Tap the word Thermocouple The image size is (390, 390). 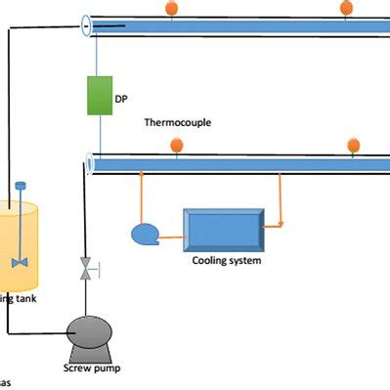click(178, 124)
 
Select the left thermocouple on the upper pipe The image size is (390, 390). click(172, 8)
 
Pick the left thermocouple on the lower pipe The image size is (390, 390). click(177, 146)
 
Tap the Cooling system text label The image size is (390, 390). click(226, 261)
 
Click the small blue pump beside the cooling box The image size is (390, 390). click(144, 234)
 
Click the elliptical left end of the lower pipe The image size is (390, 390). click(92, 164)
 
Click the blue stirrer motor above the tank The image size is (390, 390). click(19, 186)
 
